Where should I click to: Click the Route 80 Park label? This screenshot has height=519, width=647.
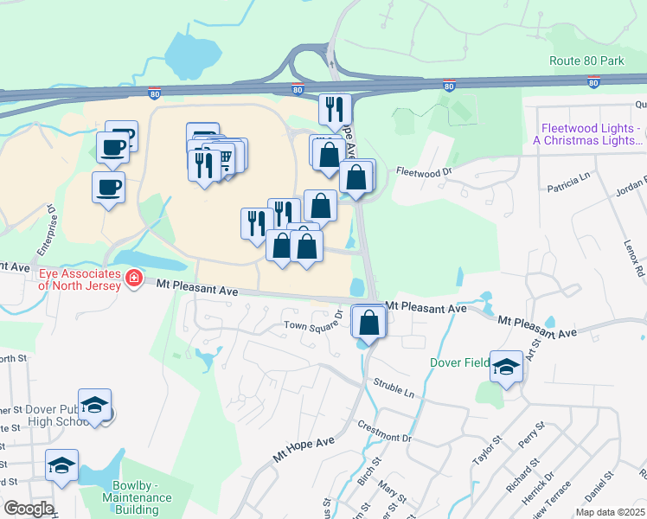pos(586,61)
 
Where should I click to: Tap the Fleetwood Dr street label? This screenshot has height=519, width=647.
pos(424,171)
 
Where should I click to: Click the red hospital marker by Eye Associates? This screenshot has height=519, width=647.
pos(133,279)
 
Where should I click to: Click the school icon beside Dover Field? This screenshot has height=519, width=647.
pos(506,367)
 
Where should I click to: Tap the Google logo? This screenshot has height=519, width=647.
pos(29,509)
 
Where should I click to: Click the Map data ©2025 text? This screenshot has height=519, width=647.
pos(609,511)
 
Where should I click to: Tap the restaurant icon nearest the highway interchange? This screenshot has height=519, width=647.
pos(335,109)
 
